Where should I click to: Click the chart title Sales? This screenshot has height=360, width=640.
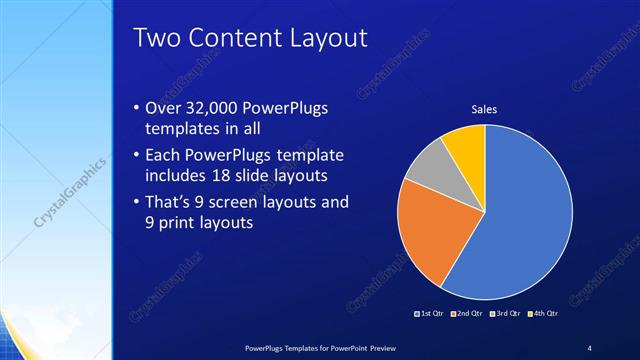(x=485, y=109)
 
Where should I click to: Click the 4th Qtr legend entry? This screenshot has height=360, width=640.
(x=541, y=313)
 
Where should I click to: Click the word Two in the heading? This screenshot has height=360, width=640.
(x=156, y=38)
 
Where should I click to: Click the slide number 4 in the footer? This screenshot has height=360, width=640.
(x=590, y=347)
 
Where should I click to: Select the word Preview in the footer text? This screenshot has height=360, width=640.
(x=393, y=347)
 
